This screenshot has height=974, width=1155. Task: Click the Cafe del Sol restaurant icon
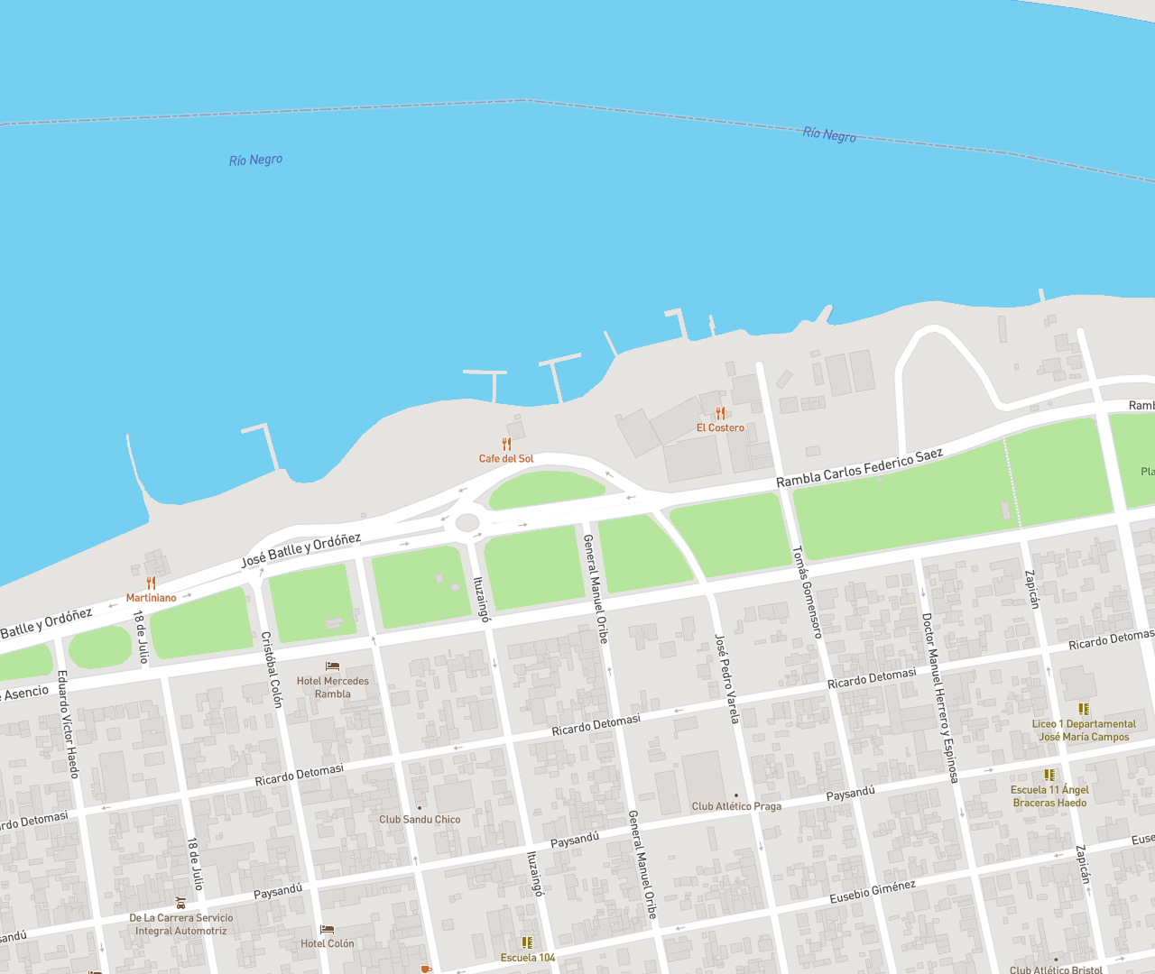506,444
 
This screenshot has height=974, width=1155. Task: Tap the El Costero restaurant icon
720,413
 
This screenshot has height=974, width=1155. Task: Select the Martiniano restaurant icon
151,583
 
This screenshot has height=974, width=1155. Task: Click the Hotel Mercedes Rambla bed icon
332,666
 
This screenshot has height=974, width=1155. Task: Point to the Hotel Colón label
328,943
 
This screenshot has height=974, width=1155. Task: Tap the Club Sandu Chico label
420,820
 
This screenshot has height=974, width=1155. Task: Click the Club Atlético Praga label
736,806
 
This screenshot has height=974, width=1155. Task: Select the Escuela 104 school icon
527,942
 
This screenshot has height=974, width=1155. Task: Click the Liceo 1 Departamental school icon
1084,710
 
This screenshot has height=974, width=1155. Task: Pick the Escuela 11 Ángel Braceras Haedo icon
1049,775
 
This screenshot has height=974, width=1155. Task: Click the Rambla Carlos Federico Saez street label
859,467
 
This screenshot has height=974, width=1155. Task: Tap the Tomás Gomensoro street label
807,592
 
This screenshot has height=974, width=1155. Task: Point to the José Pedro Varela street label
726,678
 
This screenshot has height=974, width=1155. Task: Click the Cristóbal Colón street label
272,669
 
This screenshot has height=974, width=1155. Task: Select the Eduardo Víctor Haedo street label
68,723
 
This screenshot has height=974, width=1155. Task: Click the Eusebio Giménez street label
873,891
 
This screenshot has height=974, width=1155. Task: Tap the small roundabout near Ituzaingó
467,522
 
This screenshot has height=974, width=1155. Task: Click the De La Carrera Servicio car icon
180,903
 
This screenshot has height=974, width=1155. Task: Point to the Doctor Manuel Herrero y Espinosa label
938,697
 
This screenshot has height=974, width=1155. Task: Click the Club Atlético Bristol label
1056,970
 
